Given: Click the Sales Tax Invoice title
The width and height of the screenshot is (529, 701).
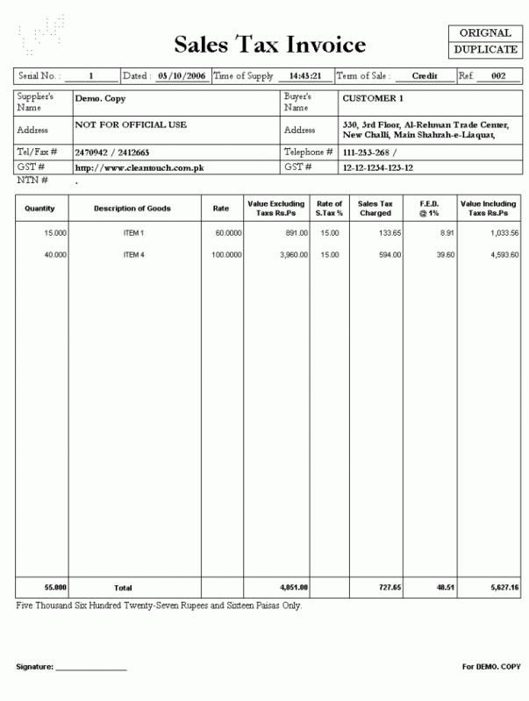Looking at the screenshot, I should pyautogui.click(x=269, y=44).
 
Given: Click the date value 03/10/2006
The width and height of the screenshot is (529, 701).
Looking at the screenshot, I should pyautogui.click(x=182, y=76).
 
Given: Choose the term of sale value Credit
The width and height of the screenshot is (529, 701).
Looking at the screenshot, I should pyautogui.click(x=425, y=76).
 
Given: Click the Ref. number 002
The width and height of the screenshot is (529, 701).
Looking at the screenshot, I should pyautogui.click(x=498, y=76).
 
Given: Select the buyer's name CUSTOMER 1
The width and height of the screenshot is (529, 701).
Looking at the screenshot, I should pyautogui.click(x=373, y=99).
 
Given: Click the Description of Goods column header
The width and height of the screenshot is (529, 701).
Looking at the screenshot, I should pyautogui.click(x=132, y=209).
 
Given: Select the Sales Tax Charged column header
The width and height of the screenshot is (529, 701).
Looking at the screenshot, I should pyautogui.click(x=375, y=209).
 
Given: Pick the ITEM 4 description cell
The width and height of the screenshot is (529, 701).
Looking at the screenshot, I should pyautogui.click(x=132, y=255).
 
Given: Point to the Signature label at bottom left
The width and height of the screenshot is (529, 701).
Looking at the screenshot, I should pyautogui.click(x=35, y=668).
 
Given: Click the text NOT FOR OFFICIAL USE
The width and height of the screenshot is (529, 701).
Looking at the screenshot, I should pyautogui.click(x=131, y=125).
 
